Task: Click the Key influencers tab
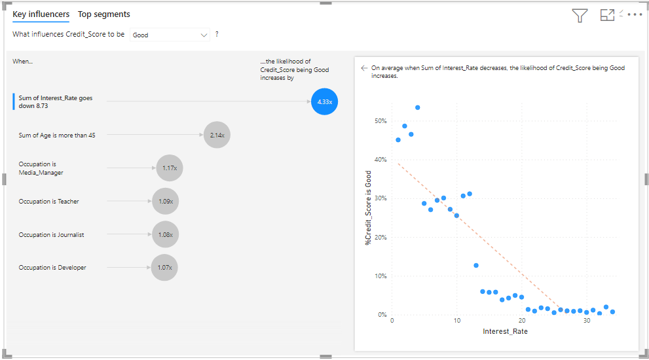click(41, 14)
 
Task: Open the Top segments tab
click(103, 14)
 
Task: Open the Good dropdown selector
click(170, 35)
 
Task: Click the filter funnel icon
click(580, 16)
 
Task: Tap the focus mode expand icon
click(607, 15)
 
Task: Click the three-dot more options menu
click(635, 14)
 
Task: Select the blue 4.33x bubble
click(324, 101)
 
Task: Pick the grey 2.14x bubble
click(217, 135)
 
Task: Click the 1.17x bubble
click(169, 168)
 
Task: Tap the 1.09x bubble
click(165, 201)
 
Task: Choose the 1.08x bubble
click(165, 234)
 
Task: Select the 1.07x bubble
click(164, 267)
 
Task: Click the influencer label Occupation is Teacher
click(48, 202)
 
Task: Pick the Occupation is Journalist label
click(51, 234)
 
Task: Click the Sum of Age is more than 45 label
click(57, 135)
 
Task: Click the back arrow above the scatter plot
click(364, 67)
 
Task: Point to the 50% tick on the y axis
click(380, 121)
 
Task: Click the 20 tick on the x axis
click(521, 321)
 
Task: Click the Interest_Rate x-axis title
click(505, 332)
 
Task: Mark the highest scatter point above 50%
click(417, 107)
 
